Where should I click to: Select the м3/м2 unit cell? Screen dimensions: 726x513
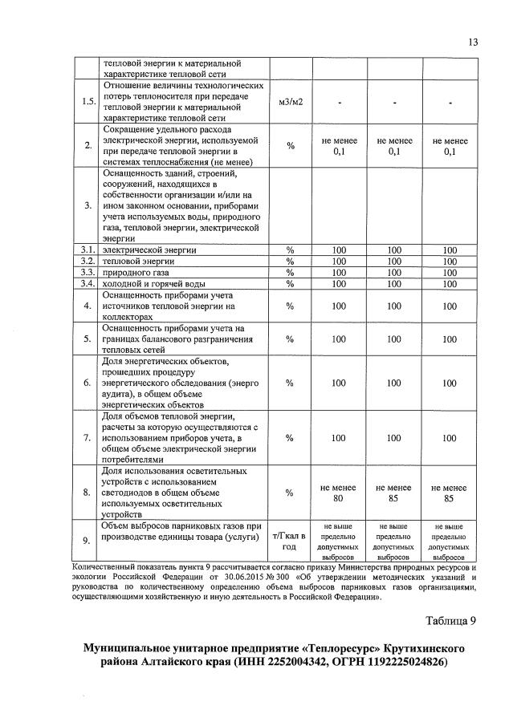click(290, 101)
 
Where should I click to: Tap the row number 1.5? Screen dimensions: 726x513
click(88, 101)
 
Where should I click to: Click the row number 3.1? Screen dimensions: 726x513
click(88, 249)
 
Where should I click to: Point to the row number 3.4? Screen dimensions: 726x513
click(88, 283)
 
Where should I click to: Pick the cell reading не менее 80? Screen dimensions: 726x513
click(338, 492)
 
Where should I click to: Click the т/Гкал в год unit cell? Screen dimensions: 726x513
click(290, 539)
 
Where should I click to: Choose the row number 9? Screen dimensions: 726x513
click(88, 539)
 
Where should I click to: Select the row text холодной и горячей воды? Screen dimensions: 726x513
click(153, 283)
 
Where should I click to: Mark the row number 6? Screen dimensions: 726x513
click(88, 383)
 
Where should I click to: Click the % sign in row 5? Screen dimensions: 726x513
click(290, 339)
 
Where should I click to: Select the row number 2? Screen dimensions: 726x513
click(88, 145)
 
